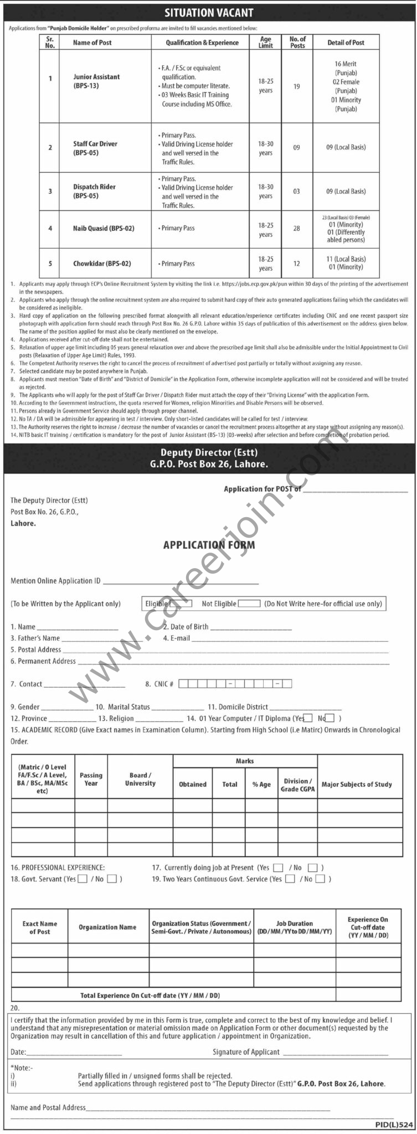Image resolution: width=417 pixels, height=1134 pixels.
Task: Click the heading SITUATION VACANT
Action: point(208,12)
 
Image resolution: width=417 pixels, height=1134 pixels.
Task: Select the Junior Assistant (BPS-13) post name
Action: point(96,81)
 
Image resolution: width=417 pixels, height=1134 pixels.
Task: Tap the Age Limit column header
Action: point(266,42)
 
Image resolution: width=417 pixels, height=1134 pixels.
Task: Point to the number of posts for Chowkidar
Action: point(297,264)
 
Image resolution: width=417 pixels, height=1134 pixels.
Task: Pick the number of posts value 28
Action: point(297,228)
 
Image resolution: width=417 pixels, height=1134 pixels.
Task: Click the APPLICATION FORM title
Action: point(209,545)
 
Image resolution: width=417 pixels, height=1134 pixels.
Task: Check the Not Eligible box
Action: point(249,604)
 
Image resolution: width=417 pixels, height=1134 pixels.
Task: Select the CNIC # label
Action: point(159,684)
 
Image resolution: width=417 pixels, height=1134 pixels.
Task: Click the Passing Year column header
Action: point(91,779)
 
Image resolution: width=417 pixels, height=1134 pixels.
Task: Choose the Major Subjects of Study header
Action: point(357,784)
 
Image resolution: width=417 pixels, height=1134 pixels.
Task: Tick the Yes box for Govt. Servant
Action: point(83,879)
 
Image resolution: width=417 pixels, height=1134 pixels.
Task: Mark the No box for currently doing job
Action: point(312,868)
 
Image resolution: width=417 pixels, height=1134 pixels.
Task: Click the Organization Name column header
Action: point(107,927)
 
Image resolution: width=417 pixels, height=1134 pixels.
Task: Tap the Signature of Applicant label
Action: point(246,1052)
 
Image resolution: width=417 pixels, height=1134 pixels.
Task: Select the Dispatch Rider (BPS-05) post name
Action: point(94,191)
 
